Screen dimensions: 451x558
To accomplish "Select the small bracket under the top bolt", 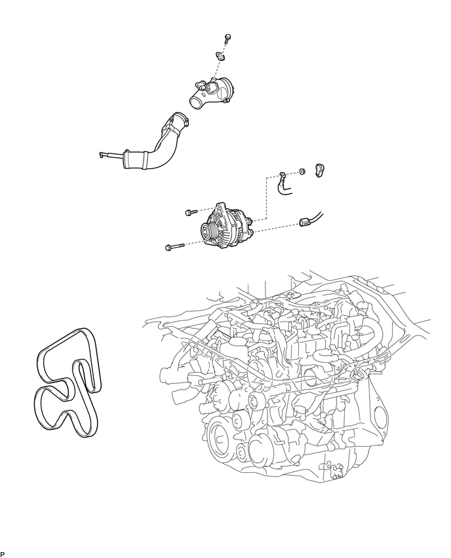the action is point(220,56).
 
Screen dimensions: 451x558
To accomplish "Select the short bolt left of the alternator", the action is point(191,212).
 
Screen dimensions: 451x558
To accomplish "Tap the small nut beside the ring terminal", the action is point(302,171).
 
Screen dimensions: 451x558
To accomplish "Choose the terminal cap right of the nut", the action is point(319,170).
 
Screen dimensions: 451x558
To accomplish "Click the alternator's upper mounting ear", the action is point(220,206).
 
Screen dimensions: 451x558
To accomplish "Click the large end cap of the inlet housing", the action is point(228,88).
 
